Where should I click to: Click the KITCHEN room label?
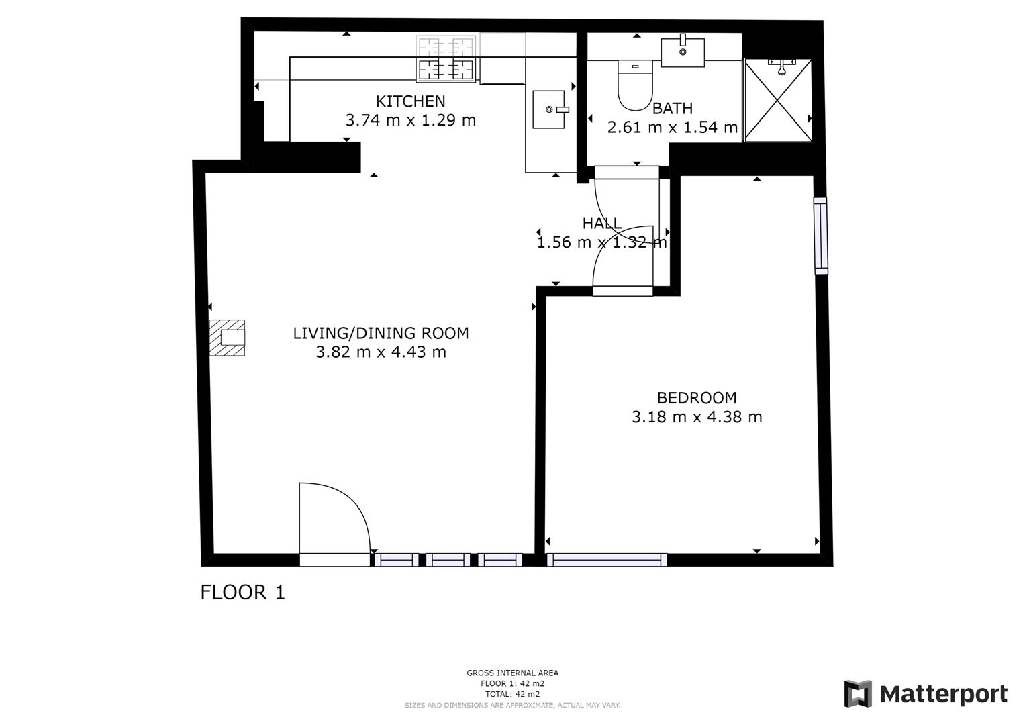point(410,101)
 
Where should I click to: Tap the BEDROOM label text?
point(696,397)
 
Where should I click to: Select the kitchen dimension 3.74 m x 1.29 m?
point(410,120)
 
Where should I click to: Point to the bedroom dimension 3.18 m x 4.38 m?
point(696,417)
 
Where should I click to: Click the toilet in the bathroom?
point(635,85)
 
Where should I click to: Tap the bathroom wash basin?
point(683,52)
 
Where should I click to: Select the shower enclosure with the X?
point(778,101)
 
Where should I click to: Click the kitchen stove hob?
point(446,59)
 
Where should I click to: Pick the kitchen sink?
point(550,109)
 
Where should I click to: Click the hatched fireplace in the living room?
point(227,337)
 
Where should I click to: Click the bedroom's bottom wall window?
point(607,560)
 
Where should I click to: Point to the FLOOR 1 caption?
point(242,592)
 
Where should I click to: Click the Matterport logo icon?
point(857,693)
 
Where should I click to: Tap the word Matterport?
point(943,694)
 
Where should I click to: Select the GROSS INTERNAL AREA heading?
point(512,673)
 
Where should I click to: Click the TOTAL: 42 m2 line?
point(512,694)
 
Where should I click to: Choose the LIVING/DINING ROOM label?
point(381,333)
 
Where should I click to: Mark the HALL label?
point(601,223)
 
